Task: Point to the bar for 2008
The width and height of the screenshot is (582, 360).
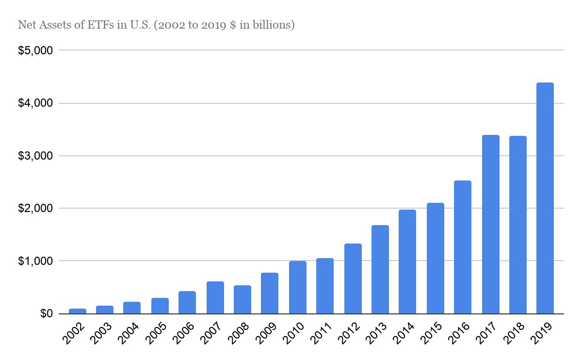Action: [242, 299]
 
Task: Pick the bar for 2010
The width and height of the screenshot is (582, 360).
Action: [297, 287]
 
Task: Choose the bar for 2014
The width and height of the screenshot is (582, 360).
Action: [407, 262]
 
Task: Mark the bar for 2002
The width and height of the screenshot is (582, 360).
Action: [77, 311]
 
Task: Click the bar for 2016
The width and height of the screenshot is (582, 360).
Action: [463, 247]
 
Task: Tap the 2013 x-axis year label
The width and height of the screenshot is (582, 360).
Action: [378, 333]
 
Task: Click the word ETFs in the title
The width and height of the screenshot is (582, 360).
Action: [99, 25]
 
